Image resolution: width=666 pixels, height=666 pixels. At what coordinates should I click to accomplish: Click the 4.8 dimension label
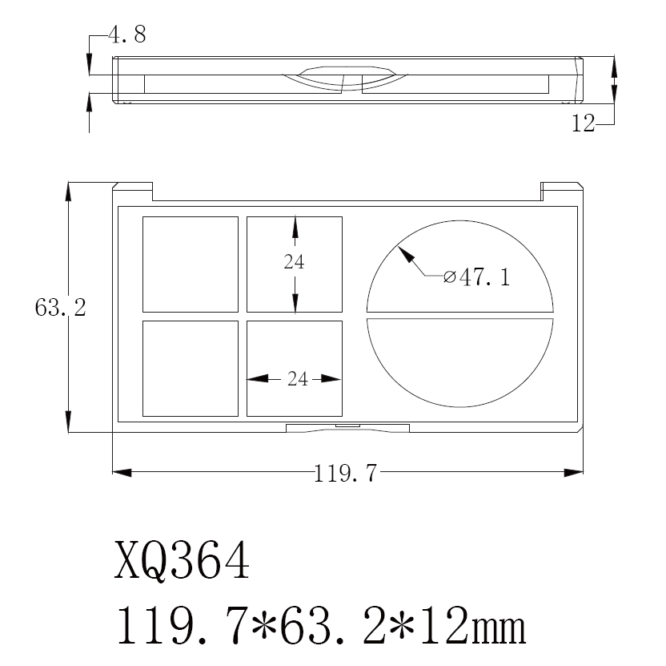127,34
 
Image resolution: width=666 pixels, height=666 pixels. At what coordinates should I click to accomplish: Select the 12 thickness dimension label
584,123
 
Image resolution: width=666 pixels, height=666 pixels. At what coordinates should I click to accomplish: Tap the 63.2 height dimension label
60,307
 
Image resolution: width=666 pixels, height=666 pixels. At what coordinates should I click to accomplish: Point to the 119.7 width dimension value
345,474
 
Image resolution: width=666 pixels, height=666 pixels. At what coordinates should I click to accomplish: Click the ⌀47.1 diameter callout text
476,277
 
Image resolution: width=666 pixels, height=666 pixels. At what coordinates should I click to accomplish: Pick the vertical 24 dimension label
294,261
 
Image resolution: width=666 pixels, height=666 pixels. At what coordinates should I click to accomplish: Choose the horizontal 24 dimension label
297,378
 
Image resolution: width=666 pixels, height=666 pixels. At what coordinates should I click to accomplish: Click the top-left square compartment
191,264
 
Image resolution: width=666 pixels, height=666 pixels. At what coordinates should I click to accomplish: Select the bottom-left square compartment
191,369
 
